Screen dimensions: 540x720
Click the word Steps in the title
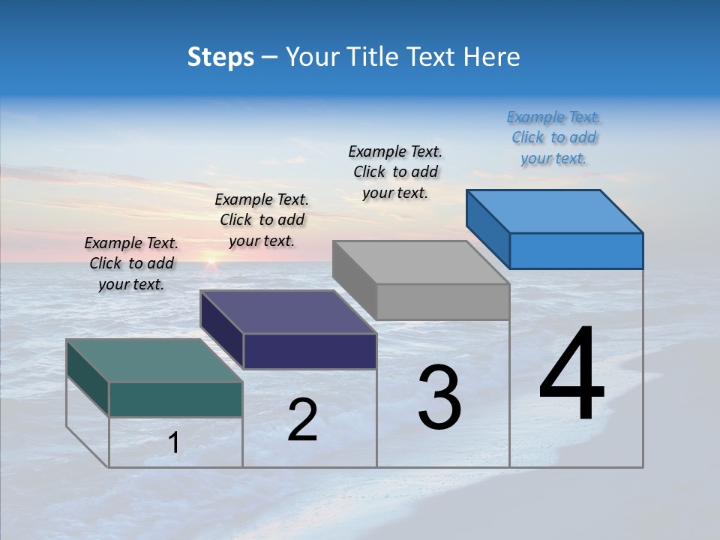(220, 57)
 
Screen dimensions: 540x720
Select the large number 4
(571, 375)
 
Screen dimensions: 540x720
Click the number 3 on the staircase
(439, 397)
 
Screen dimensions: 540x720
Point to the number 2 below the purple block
(302, 420)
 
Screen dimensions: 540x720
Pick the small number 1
(174, 443)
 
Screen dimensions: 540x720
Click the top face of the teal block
(154, 360)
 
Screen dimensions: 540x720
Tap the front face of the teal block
(175, 399)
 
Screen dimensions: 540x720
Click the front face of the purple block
(310, 351)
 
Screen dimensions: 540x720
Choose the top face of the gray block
(421, 262)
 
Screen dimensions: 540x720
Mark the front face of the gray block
(442, 301)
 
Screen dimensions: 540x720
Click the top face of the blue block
(554, 211)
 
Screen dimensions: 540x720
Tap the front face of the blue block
(576, 250)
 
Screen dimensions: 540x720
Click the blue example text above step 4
(553, 138)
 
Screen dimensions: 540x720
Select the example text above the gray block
(395, 172)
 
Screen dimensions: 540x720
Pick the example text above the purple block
(262, 220)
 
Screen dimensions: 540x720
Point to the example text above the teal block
(131, 263)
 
